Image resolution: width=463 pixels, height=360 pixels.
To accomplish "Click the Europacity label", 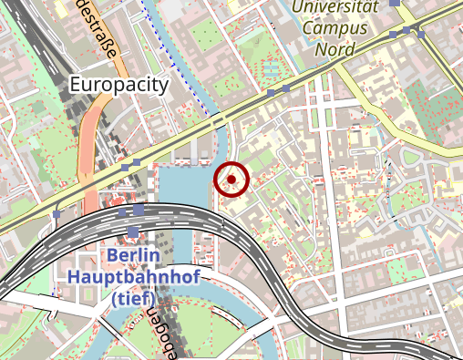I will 119,85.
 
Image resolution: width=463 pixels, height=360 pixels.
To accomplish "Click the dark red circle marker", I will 231,180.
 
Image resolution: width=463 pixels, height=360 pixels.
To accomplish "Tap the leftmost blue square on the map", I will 57,216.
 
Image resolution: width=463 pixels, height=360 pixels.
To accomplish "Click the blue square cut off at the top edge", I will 395,3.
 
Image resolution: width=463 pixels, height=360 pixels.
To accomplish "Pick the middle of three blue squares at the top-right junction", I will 406,31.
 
